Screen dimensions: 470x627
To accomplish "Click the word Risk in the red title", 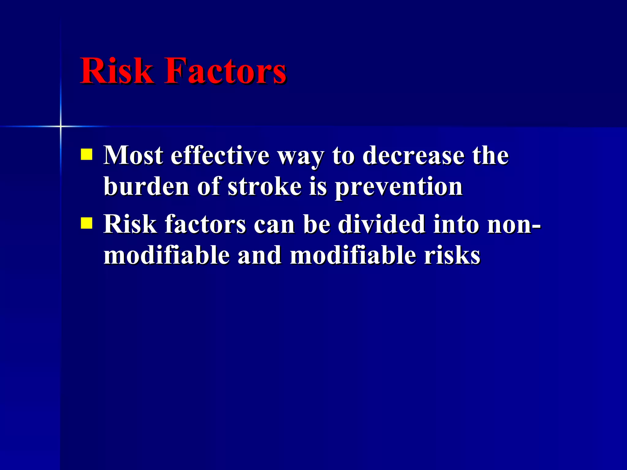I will point(116,71).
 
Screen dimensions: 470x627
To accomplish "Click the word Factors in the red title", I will point(225,71).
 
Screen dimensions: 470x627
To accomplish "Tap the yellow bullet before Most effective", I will point(87,155).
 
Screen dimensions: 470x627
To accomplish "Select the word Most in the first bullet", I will point(133,155).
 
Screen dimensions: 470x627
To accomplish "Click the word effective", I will point(220,155).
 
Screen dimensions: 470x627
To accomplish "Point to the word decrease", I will point(413,155).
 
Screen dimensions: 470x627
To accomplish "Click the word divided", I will point(381,224).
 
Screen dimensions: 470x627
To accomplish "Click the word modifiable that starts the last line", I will point(167,255).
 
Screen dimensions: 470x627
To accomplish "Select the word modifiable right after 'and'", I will point(353,255).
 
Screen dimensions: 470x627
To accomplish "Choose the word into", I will point(456,224).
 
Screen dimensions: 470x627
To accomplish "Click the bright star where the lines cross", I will point(61,126).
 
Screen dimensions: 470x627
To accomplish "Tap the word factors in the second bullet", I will point(205,224).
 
